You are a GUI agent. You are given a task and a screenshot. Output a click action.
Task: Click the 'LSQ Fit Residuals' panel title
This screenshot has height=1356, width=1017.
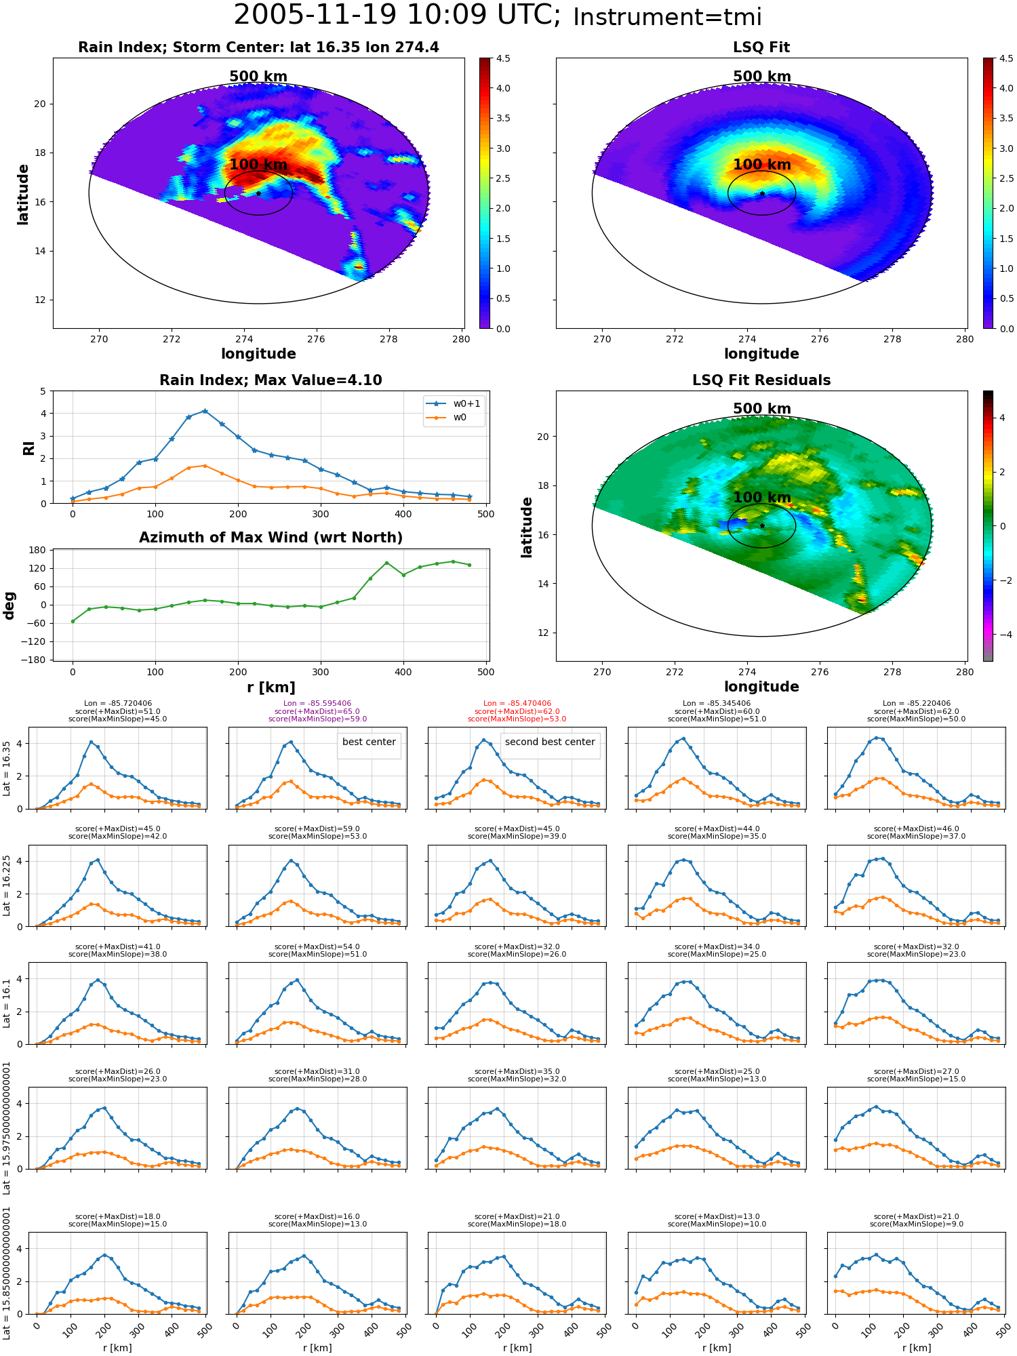click(761, 380)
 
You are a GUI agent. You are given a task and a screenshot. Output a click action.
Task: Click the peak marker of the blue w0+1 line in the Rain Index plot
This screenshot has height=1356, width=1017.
click(205, 411)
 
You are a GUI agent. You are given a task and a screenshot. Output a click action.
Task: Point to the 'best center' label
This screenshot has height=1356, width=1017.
click(369, 742)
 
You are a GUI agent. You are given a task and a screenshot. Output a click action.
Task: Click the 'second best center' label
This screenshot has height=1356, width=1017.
click(550, 742)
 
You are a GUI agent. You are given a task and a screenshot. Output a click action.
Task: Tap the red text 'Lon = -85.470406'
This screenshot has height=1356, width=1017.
click(517, 704)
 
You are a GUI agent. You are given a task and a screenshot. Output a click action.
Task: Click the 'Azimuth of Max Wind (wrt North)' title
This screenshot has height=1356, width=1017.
click(271, 538)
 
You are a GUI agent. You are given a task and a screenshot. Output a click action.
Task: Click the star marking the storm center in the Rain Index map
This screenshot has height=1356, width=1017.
click(258, 193)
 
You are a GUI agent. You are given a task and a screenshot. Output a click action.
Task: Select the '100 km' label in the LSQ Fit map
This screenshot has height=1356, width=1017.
click(762, 165)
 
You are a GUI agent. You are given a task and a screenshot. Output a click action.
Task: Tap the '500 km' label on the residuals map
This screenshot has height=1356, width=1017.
click(762, 409)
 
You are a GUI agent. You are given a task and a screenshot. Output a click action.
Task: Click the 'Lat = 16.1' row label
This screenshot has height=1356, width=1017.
click(7, 1003)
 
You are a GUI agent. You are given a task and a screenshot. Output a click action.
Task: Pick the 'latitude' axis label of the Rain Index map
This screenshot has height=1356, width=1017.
click(23, 194)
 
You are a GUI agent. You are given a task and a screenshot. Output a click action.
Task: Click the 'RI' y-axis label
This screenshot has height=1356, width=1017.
click(28, 448)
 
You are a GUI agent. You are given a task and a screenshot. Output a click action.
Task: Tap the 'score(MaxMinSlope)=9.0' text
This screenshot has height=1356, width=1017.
click(916, 1224)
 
